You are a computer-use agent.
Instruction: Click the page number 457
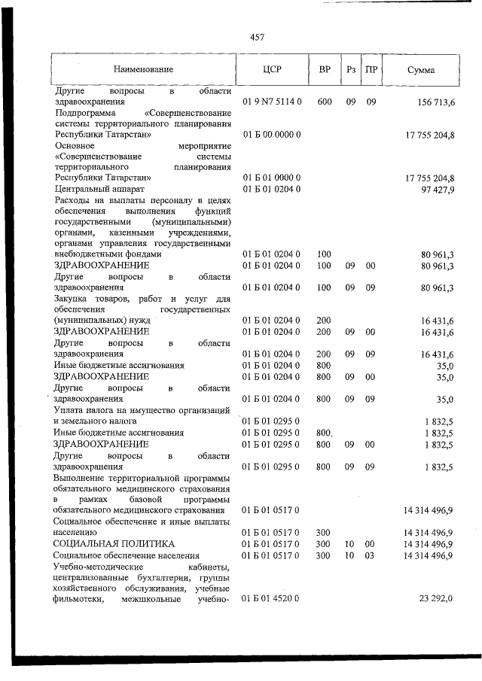point(255,36)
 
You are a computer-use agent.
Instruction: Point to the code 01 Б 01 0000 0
point(271,178)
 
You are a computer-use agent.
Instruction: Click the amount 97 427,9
point(437,189)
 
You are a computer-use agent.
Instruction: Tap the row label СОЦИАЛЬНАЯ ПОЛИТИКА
point(113,543)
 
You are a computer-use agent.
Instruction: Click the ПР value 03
point(371,555)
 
